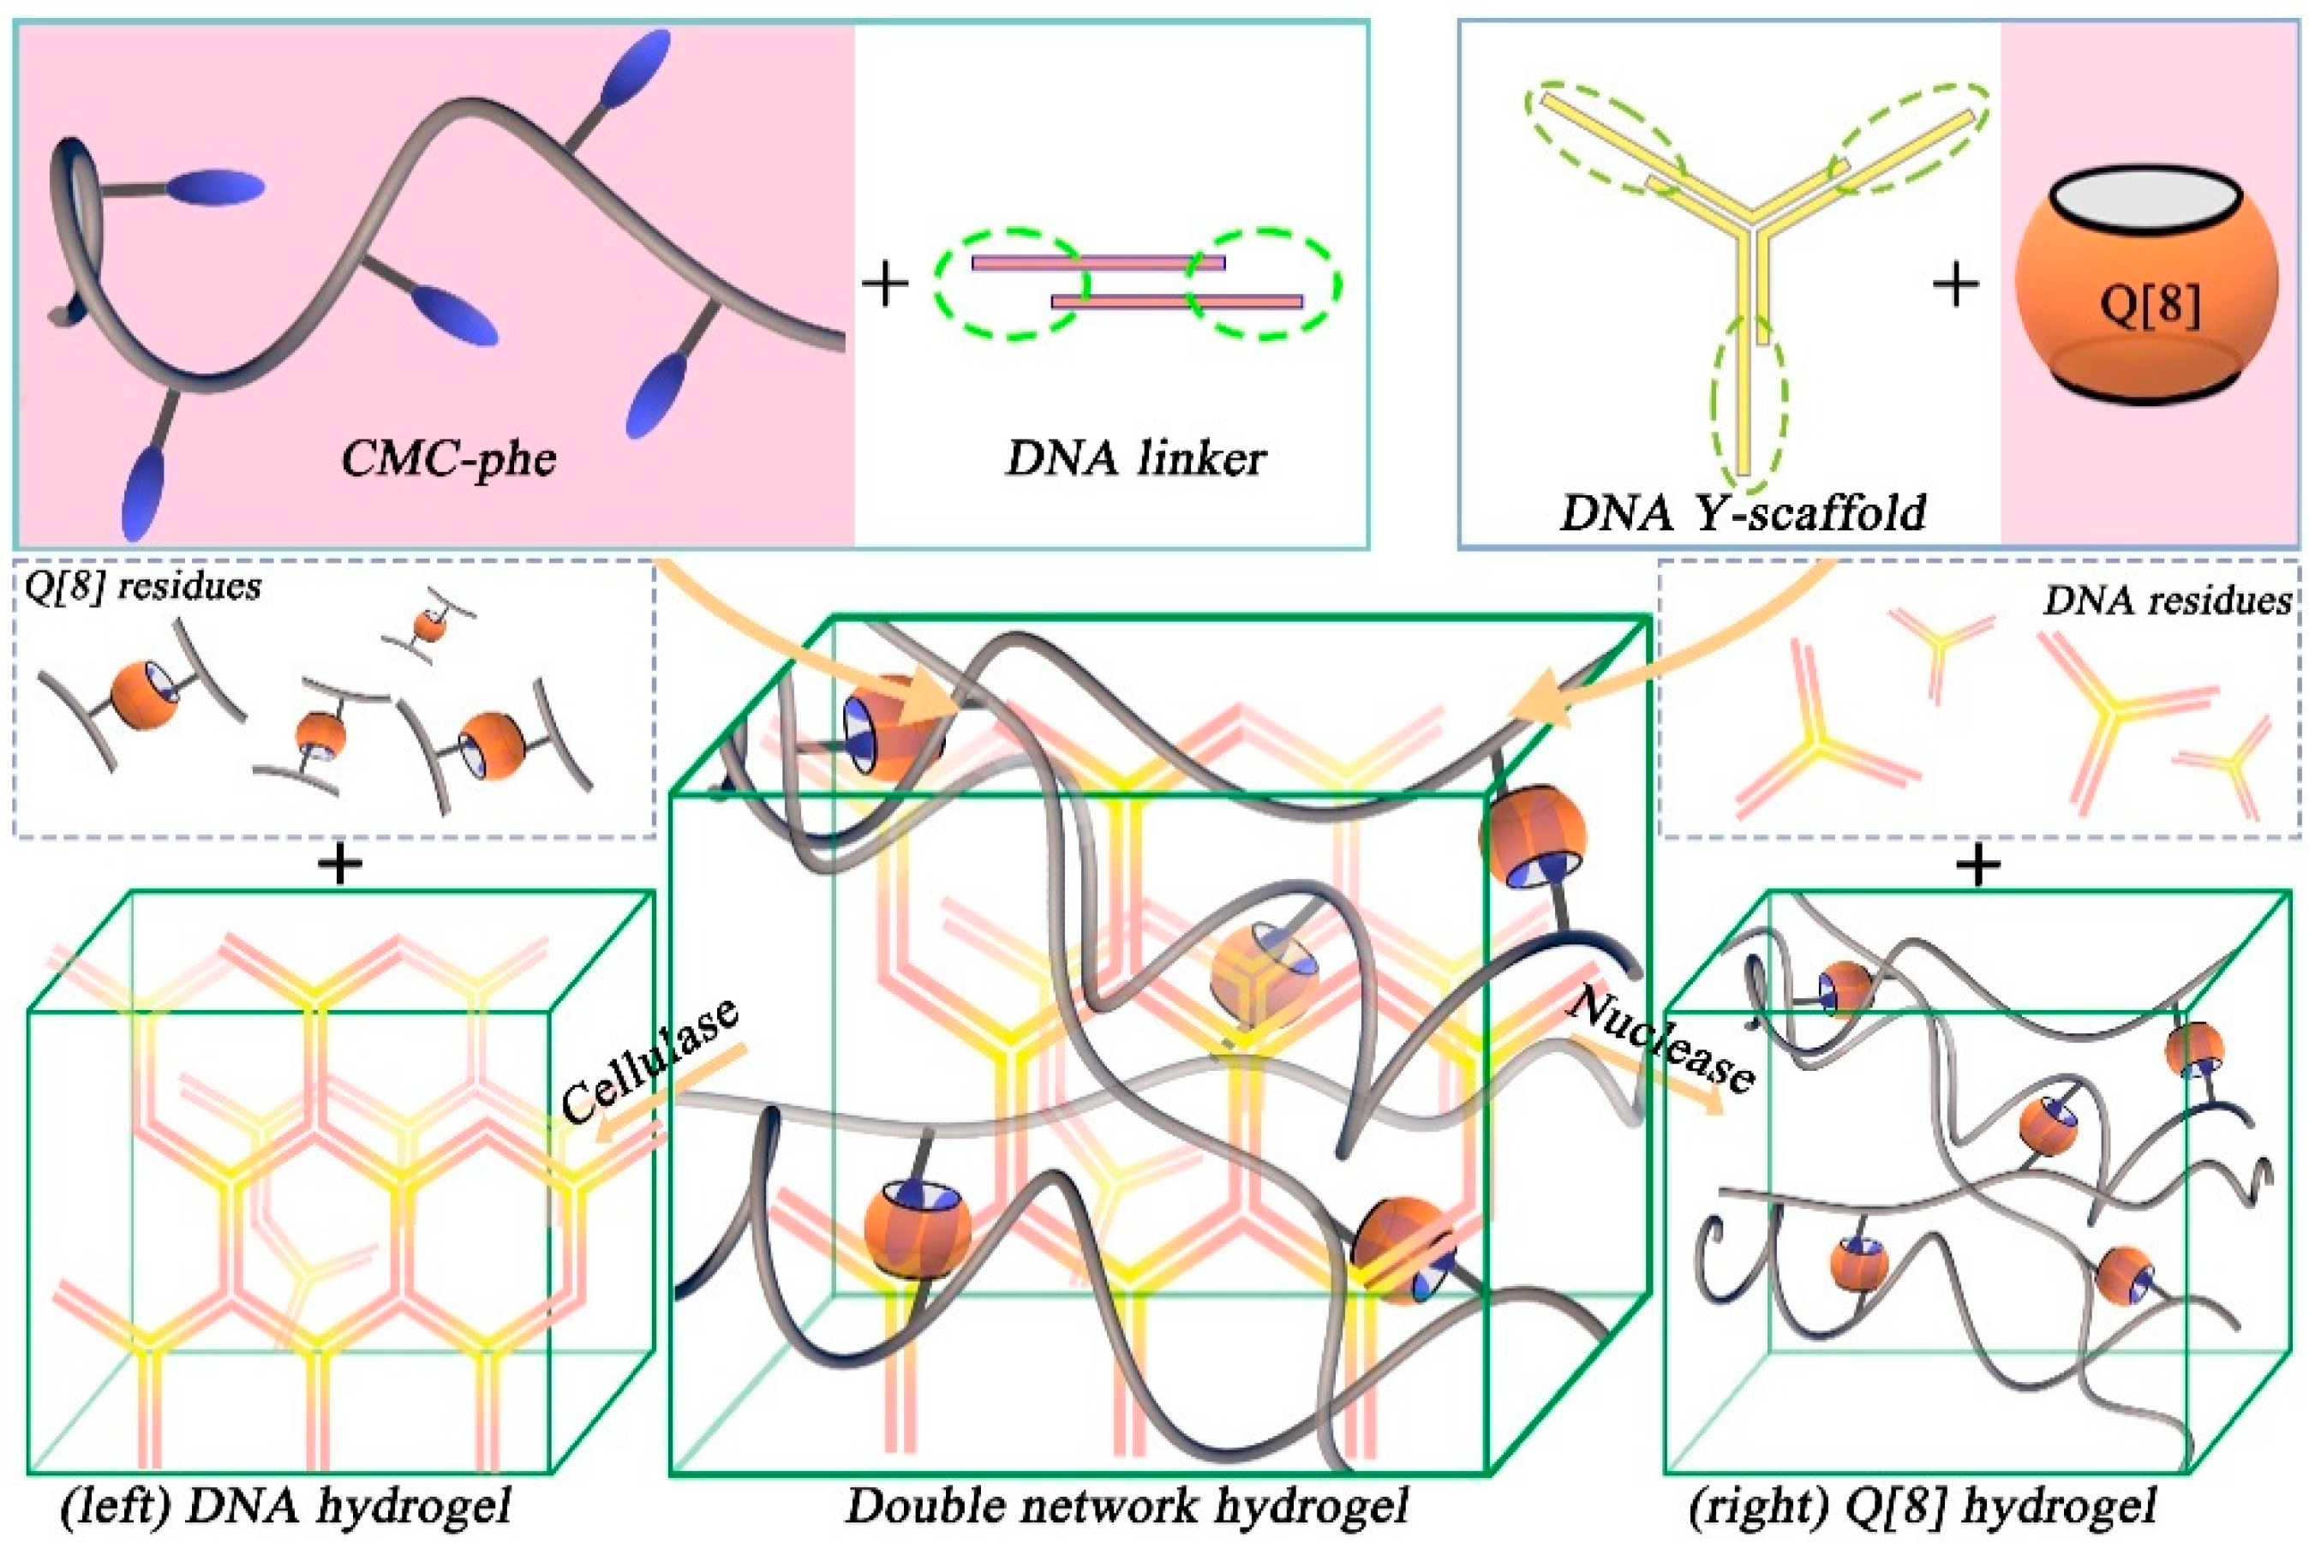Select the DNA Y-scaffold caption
pyautogui.click(x=1741, y=512)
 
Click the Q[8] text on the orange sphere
pyautogui.click(x=2150, y=306)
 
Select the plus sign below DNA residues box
pyautogui.click(x=1978, y=866)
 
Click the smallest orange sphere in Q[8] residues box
pyautogui.click(x=429, y=624)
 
